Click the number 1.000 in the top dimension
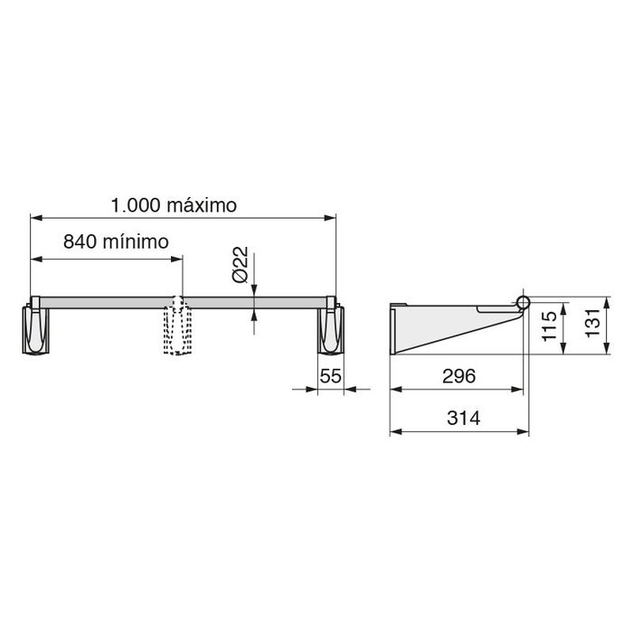[x=136, y=205]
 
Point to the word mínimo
[x=135, y=242]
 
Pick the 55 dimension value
[x=330, y=376]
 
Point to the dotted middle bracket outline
[x=178, y=330]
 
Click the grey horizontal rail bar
[x=109, y=301]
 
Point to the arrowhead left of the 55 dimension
[x=313, y=389]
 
